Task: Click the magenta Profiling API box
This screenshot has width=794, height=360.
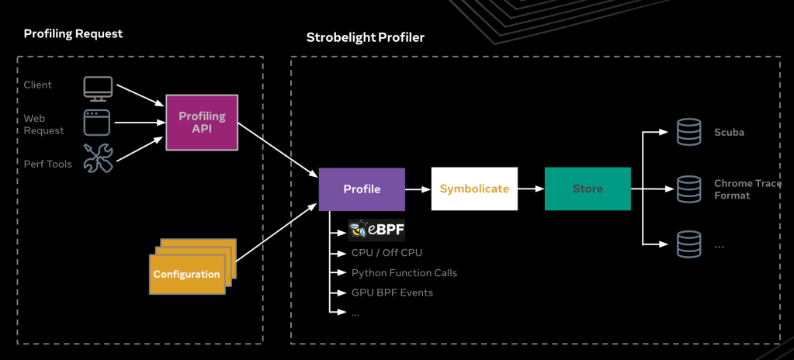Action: [x=202, y=122]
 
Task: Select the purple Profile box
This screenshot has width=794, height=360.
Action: [x=362, y=189]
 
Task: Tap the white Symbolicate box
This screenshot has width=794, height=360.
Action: [x=474, y=189]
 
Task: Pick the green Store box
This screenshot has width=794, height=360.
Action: [x=588, y=189]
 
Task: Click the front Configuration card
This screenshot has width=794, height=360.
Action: [x=187, y=275]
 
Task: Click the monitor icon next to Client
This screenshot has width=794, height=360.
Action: [x=99, y=88]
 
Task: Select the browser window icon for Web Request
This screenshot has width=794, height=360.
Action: [x=97, y=123]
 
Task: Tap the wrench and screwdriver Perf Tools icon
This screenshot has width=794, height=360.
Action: [x=99, y=158]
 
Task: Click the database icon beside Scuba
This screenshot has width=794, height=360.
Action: [x=688, y=132]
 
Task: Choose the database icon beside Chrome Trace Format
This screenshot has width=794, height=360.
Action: [x=688, y=189]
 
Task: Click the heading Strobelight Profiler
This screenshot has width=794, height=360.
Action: [x=365, y=37]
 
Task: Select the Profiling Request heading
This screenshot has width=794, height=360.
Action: [x=74, y=34]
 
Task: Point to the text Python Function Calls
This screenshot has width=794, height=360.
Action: [x=404, y=273]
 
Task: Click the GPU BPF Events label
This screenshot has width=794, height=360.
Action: [x=392, y=292]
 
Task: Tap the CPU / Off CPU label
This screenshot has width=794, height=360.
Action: [x=387, y=252]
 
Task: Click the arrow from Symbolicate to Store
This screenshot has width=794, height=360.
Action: [x=531, y=189]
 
